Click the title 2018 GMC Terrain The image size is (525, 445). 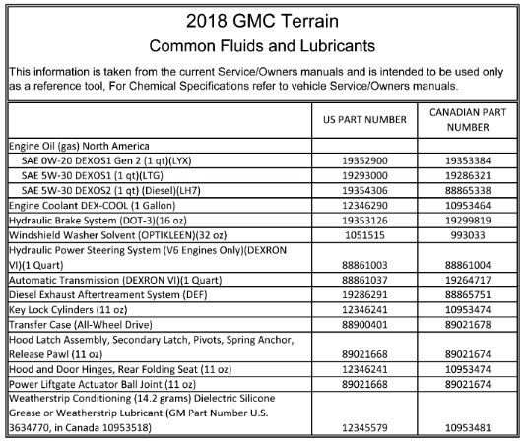[261, 22]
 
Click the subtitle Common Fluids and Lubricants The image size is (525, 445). [261, 45]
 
